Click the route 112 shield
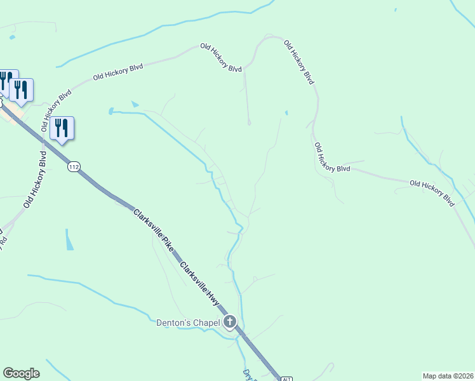coord(74,167)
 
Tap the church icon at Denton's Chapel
coord(231,323)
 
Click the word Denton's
coord(173,323)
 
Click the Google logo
coord(21,373)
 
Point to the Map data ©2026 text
coord(448,375)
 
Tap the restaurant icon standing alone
coord(62,128)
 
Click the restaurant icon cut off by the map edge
coord(4,81)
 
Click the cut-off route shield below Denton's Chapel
coord(286,378)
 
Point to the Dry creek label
coord(246,375)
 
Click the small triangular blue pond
coord(134,104)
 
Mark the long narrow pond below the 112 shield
coord(69,239)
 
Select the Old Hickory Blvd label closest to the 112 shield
coord(34,180)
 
